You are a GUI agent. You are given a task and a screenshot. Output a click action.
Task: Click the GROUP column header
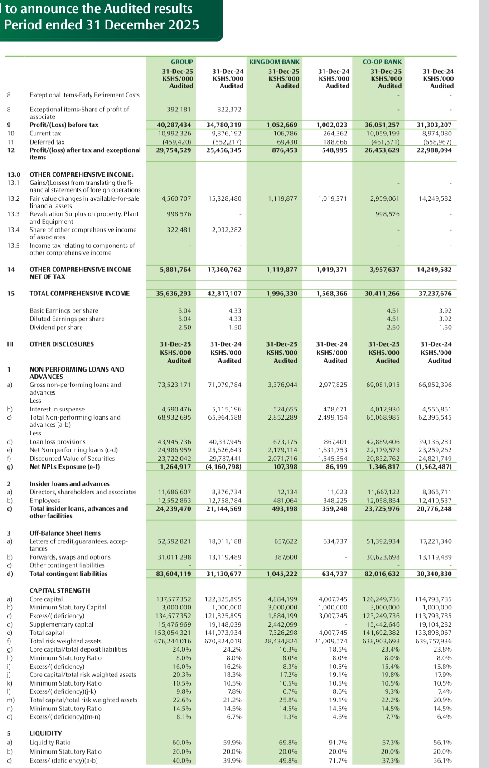pos(182,62)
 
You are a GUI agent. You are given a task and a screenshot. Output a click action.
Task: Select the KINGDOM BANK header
pos(274,62)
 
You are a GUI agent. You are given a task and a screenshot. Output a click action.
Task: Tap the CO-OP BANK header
pos(382,62)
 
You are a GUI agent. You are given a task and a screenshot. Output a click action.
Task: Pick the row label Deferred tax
pos(47,142)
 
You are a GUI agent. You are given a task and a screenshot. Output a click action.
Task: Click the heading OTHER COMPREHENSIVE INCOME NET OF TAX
pos(80,273)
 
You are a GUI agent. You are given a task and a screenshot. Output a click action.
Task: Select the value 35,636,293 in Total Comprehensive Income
pos(174,293)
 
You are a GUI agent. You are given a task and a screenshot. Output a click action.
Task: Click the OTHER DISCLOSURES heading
pos(62,344)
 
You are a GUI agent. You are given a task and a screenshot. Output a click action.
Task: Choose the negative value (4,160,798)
pos(223,466)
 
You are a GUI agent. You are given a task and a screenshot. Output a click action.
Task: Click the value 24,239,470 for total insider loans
pos(174,509)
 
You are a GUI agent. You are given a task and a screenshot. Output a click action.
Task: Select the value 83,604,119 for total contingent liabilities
pos(174,574)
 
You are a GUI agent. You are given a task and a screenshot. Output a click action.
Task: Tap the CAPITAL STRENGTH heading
pos(60,590)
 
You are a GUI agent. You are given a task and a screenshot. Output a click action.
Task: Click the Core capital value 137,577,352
pos(174,599)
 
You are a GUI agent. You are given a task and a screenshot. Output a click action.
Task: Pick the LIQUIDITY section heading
pos(46,733)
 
